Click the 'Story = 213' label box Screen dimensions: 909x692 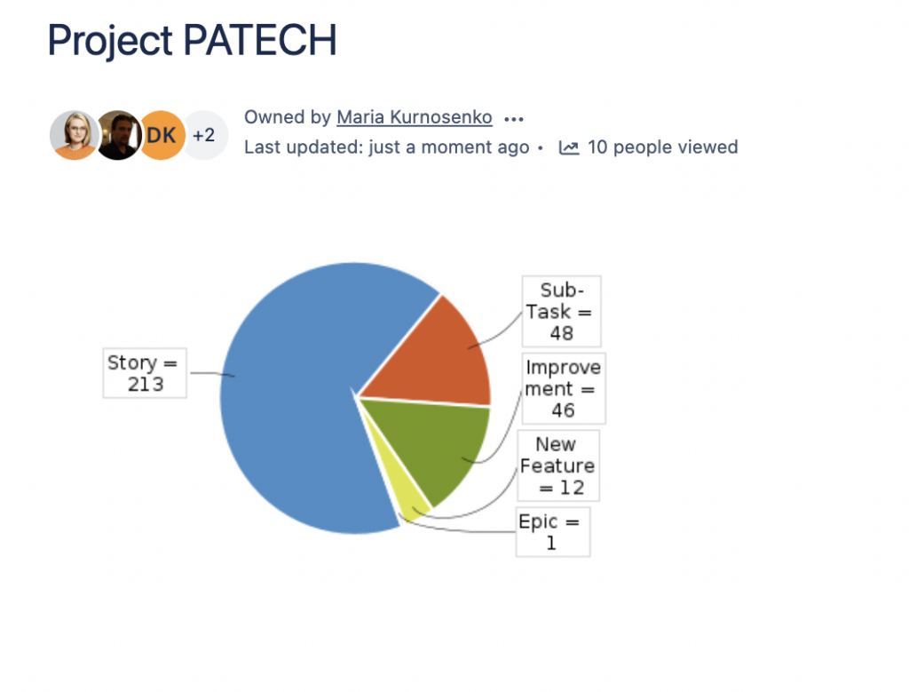click(145, 373)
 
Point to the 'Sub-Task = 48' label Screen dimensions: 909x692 click(561, 312)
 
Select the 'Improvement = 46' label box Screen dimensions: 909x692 click(564, 388)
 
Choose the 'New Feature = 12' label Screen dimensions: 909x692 click(557, 465)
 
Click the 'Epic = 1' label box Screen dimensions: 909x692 click(553, 532)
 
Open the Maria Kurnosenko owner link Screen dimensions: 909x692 click(415, 117)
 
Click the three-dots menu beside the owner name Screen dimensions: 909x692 click(514, 119)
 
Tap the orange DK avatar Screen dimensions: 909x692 click(162, 135)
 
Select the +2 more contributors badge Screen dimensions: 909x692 click(204, 135)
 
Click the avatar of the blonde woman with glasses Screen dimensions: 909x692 click(74, 135)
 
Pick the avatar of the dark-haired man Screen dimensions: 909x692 click(118, 135)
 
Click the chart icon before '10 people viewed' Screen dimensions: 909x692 click(569, 148)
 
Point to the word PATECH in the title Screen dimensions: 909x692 click(260, 40)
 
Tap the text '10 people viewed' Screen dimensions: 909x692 click(662, 147)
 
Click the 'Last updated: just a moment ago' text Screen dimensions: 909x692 click(387, 147)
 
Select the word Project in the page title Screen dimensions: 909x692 click(110, 42)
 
